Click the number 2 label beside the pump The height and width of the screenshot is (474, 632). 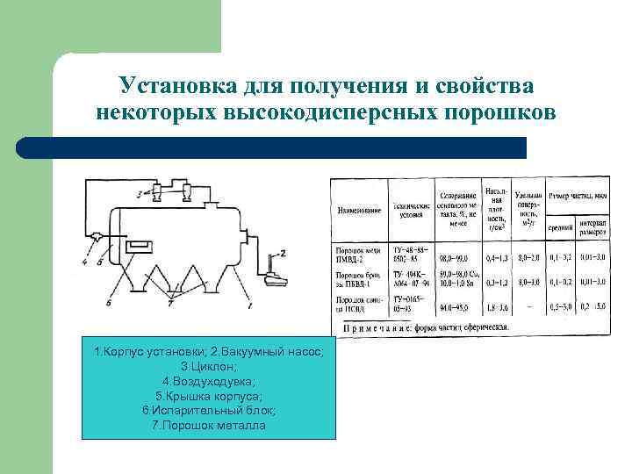click(283, 253)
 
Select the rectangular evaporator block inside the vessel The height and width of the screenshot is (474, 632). click(138, 246)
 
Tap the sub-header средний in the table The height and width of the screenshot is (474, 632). click(559, 226)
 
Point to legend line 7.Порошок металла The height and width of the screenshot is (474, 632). click(208, 426)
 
